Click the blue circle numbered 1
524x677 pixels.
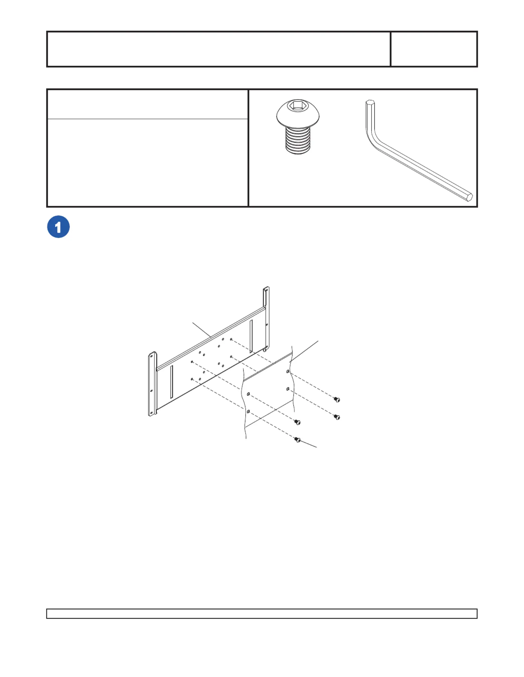[58, 227]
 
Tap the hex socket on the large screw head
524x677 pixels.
[298, 105]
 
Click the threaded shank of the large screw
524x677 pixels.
[298, 140]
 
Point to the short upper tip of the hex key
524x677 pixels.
[370, 103]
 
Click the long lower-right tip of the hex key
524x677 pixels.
[469, 196]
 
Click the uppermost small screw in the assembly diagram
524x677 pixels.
[337, 399]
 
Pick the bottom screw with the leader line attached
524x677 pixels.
[298, 440]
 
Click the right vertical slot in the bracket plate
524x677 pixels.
[251, 336]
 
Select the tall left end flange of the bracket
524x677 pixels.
[153, 384]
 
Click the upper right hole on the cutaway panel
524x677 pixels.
[288, 372]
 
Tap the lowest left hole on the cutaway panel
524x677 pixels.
[248, 411]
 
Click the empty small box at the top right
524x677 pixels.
[434, 49]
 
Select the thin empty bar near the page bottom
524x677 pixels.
[262, 614]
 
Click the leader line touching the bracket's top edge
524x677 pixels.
[202, 330]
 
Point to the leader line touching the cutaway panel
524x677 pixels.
[304, 351]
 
